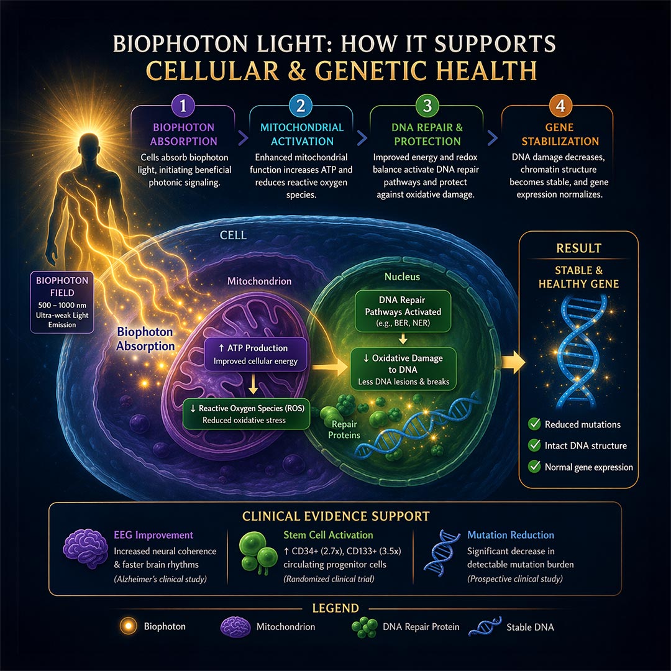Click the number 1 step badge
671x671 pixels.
183,105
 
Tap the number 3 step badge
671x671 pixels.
426,105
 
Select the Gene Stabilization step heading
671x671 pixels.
560,134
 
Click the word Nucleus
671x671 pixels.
403,276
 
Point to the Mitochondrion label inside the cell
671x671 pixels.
259,281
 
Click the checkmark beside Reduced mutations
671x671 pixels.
534,424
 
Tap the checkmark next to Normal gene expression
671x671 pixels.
534,467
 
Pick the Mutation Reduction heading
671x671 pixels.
510,535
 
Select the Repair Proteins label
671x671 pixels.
343,430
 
